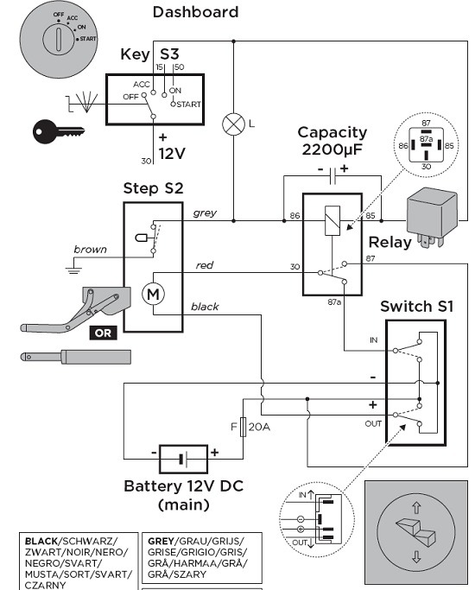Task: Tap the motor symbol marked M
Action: [153, 294]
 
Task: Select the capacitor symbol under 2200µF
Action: [332, 176]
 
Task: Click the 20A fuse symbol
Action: [244, 427]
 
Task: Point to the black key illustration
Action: [58, 131]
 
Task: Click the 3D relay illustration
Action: [432, 218]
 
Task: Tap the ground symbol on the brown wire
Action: [73, 269]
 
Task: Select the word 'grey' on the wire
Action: [205, 213]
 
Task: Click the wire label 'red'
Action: [205, 265]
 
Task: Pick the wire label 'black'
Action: [205, 307]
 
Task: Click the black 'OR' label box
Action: [103, 333]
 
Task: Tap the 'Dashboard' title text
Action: [195, 12]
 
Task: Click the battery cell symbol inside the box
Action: [183, 459]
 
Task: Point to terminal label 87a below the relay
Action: [334, 301]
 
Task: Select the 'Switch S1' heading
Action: [417, 307]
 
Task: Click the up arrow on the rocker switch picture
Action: [416, 508]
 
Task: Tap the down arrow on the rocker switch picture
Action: [416, 557]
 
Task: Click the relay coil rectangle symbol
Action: [332, 220]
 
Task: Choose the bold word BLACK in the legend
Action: [41, 542]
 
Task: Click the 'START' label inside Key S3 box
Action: [188, 105]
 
